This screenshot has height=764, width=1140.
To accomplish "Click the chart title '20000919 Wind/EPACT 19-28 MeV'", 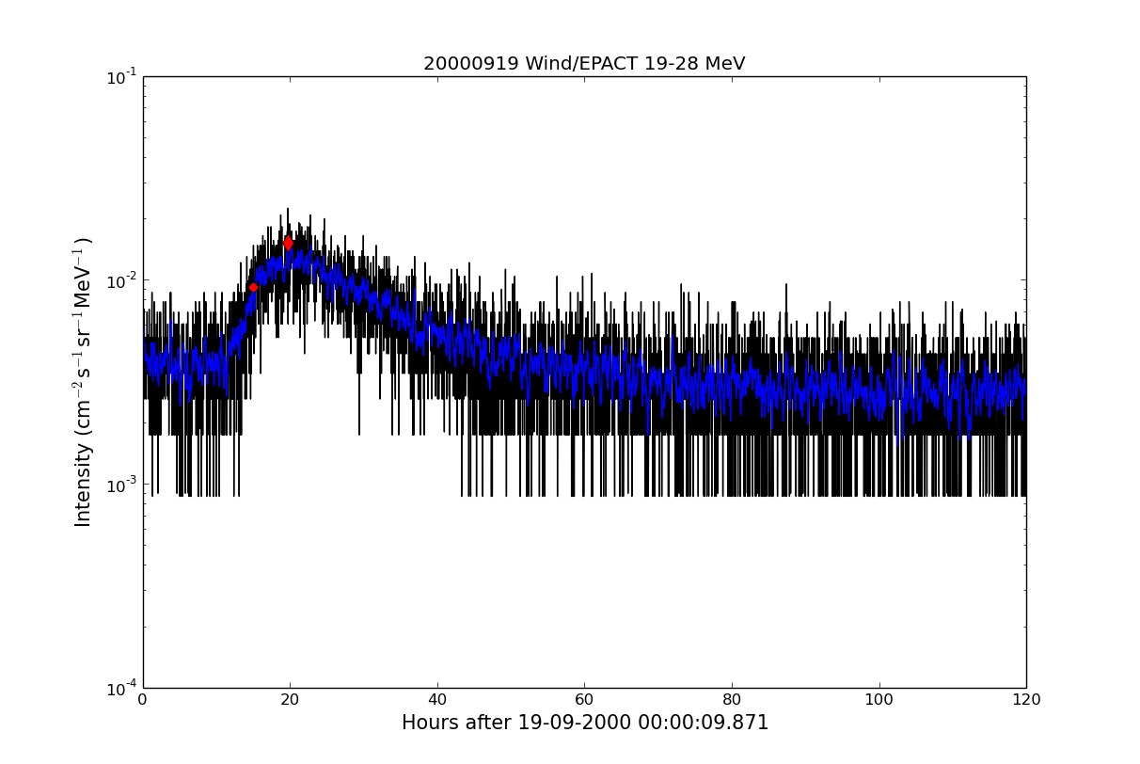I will click(583, 64).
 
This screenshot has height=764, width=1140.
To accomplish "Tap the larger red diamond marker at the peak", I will click(288, 244).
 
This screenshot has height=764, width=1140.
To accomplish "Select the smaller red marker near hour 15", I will click(253, 287).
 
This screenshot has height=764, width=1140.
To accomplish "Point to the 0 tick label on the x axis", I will click(143, 700).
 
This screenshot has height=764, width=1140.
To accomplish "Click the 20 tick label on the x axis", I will click(290, 700).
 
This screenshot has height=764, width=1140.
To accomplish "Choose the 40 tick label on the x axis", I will click(437, 700).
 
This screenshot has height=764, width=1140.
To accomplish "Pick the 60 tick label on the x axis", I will click(584, 700).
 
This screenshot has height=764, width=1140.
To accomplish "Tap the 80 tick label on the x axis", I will click(732, 700).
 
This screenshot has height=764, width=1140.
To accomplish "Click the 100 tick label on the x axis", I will click(879, 700).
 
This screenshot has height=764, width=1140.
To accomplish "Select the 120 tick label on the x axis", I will click(1026, 700).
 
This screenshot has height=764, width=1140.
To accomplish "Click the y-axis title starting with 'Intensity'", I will click(84, 382).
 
